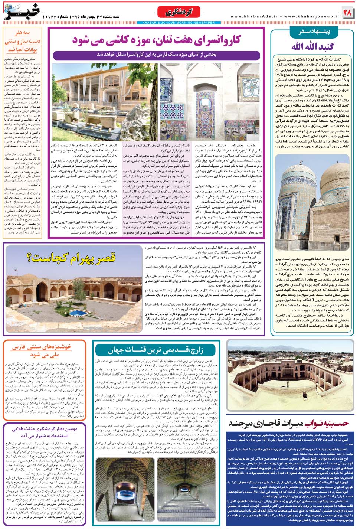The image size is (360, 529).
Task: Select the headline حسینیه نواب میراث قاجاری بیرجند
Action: (288, 423)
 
